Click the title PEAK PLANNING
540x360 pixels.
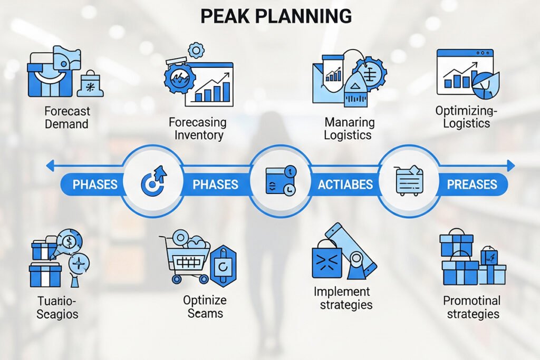tap(276, 16)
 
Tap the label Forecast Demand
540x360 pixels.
tap(67, 118)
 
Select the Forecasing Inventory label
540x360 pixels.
tap(198, 129)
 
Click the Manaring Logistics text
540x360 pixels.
tap(348, 129)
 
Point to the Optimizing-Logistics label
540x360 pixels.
tap(466, 116)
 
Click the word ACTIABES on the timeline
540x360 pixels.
tap(345, 184)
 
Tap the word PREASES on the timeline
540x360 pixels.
tap(472, 184)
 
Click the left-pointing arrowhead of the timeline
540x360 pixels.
tap(50, 166)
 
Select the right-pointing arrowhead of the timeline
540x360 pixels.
tap(511, 166)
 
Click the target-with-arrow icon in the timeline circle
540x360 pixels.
tap(153, 179)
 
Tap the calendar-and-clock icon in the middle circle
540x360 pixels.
tap(281, 181)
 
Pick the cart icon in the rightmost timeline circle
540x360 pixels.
tap(409, 181)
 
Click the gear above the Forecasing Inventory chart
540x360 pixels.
tap(196, 50)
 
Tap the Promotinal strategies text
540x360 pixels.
tap(472, 307)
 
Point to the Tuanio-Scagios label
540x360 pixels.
tap(57, 307)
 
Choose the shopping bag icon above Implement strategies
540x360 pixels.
tap(327, 259)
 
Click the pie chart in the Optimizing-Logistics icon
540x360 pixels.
tap(486, 85)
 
